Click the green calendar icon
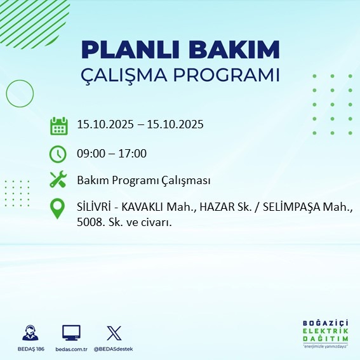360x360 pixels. click(58, 126)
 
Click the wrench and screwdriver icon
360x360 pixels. click(58, 180)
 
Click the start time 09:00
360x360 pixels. click(90, 154)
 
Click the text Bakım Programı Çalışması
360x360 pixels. click(143, 181)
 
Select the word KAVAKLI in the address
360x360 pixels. click(144, 208)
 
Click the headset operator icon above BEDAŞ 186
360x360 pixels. click(29, 333)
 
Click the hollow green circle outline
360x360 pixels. click(20, 93)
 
